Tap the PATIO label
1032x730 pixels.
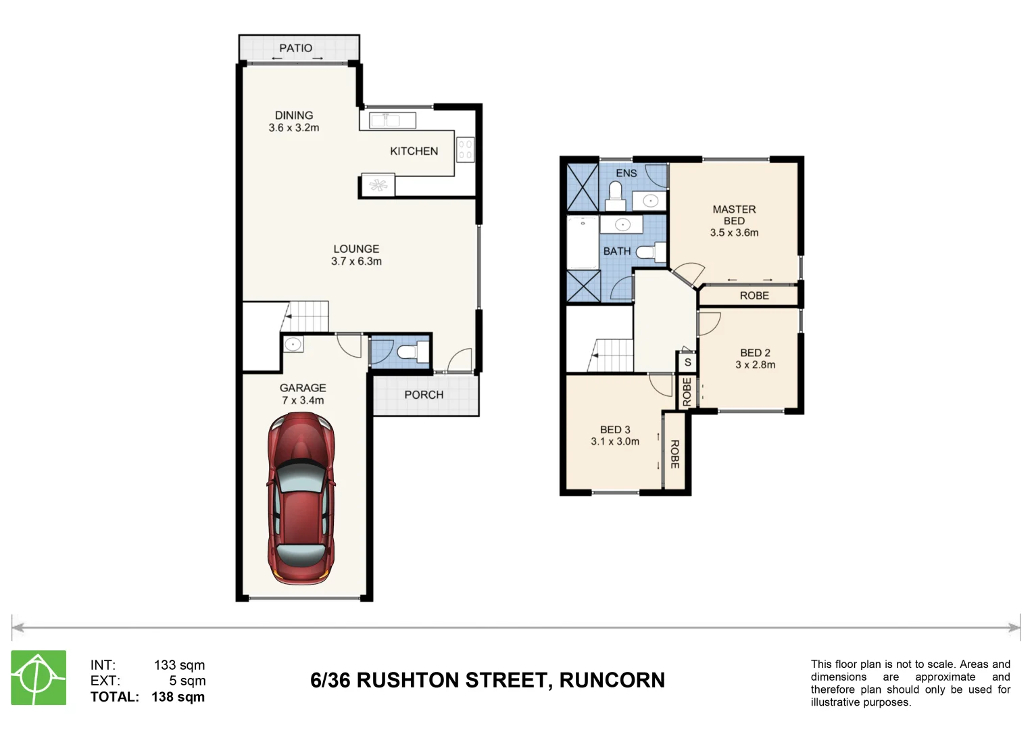pyautogui.click(x=296, y=48)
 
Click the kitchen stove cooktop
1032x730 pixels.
pyautogui.click(x=465, y=149)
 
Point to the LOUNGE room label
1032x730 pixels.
pyautogui.click(x=356, y=249)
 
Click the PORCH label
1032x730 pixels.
pyautogui.click(x=424, y=395)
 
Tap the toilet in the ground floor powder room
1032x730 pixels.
pyautogui.click(x=412, y=352)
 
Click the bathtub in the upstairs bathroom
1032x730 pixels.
pyautogui.click(x=583, y=242)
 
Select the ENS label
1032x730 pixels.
pyautogui.click(x=626, y=173)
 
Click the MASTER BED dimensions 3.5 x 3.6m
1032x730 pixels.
pyautogui.click(x=734, y=233)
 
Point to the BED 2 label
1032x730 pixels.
pyautogui.click(x=755, y=353)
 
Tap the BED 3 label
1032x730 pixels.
pyautogui.click(x=615, y=430)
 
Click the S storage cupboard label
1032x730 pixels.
pyautogui.click(x=687, y=362)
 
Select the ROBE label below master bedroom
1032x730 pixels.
pyautogui.click(x=754, y=295)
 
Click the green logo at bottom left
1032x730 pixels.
pyautogui.click(x=39, y=678)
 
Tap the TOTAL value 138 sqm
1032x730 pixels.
pyautogui.click(x=178, y=697)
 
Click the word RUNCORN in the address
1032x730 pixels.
pyautogui.click(x=612, y=680)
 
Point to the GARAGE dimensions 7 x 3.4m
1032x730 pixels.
pyautogui.click(x=303, y=400)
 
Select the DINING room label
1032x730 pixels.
pyautogui.click(x=294, y=116)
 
